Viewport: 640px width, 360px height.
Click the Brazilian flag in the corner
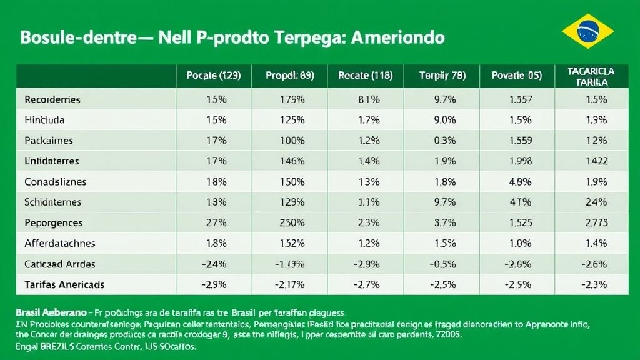(587, 31)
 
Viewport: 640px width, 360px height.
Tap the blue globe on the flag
(587, 31)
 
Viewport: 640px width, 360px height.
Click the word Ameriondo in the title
(399, 37)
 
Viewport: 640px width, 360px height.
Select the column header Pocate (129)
(213, 76)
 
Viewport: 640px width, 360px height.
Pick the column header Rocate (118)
(366, 76)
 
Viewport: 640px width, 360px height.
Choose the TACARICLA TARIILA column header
(591, 76)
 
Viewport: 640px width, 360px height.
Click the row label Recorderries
(52, 99)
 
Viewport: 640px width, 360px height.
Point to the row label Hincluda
(44, 119)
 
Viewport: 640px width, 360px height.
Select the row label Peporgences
(53, 222)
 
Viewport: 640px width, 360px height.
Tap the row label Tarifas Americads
(64, 284)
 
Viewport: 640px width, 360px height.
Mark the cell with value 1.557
(521, 99)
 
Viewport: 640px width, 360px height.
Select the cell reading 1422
(597, 161)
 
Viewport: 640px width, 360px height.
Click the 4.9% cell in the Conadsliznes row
(521, 182)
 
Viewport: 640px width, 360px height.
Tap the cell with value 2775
(597, 222)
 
